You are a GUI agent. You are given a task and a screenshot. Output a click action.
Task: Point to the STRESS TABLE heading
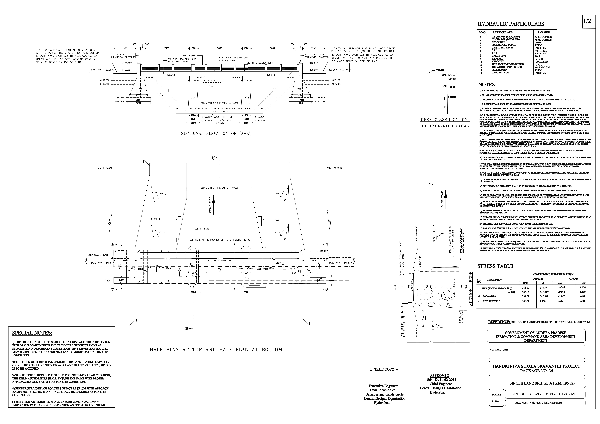point(495,266)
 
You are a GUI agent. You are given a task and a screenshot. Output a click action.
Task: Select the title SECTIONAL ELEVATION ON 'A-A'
point(216,134)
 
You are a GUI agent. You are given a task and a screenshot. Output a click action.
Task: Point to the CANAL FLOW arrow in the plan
point(213,200)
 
